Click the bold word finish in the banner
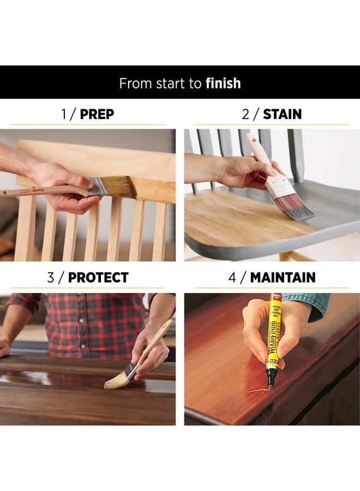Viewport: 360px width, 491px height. pyautogui.click(x=223, y=83)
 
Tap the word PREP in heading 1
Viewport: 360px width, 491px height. pyautogui.click(x=97, y=114)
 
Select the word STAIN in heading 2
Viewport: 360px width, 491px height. pyautogui.click(x=282, y=114)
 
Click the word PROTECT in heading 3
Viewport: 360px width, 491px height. pyautogui.click(x=98, y=277)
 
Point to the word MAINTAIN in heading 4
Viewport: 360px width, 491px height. pyautogui.click(x=283, y=277)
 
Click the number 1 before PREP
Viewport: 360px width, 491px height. pyautogui.click(x=64, y=114)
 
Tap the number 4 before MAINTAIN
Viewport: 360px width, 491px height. pyautogui.click(x=232, y=277)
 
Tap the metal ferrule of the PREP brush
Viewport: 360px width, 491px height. pyautogui.click(x=97, y=186)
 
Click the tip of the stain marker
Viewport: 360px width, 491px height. pyautogui.click(x=269, y=387)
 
